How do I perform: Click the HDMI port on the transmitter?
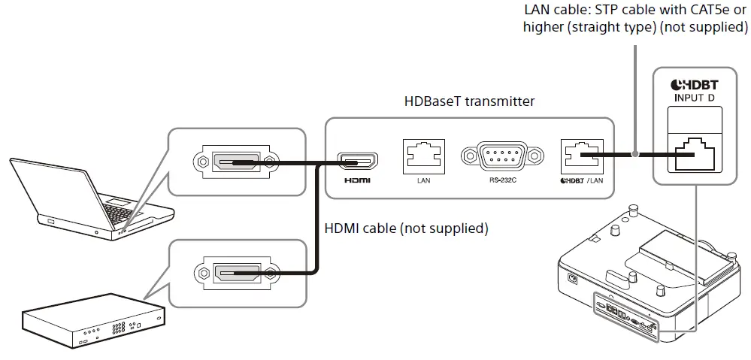point(357,161)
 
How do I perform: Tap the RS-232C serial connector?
point(501,156)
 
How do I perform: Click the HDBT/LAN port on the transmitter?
point(580,156)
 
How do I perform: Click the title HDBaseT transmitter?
point(469,101)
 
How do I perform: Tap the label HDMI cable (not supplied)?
point(406,228)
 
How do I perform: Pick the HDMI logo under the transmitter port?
point(357,181)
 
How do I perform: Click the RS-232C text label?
point(501,181)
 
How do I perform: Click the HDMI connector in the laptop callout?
point(235,162)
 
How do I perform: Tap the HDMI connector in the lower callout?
point(235,272)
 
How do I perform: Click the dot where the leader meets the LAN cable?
point(636,156)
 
